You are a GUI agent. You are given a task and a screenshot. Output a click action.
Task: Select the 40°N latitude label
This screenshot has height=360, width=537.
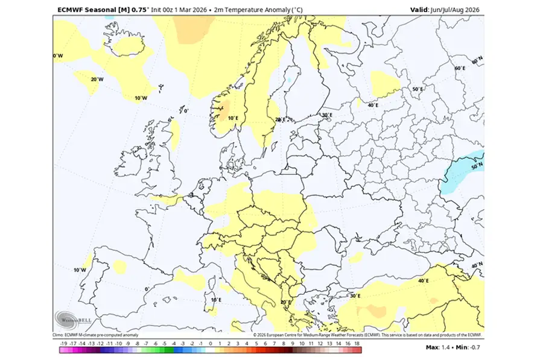pos(477,265)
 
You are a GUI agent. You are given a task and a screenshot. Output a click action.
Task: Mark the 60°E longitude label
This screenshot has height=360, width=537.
pos(459,68)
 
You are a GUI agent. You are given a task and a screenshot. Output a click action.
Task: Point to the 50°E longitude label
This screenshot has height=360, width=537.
pos(417,89)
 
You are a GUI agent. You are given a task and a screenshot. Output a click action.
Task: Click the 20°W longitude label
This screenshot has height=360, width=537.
pos(97,79)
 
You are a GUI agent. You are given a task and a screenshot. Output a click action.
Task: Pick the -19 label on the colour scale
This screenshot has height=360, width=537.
pos(63,342)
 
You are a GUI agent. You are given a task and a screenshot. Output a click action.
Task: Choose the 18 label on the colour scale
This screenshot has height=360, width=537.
pos(357,342)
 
